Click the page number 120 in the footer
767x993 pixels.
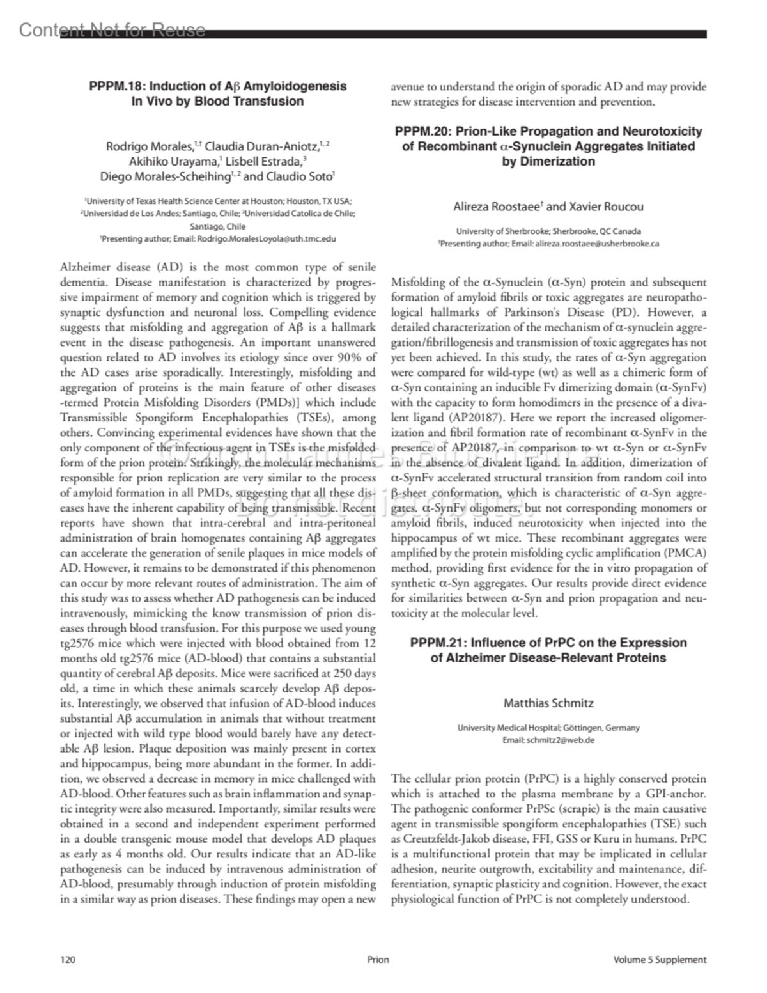pyautogui.click(x=68, y=959)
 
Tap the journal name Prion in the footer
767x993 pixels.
pyautogui.click(x=378, y=959)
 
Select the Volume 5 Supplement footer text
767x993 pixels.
pyautogui.click(x=659, y=959)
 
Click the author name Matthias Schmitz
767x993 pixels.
pyautogui.click(x=548, y=703)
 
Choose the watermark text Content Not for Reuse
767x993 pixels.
pyautogui.click(x=112, y=30)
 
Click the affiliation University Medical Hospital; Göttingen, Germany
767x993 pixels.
pyautogui.click(x=548, y=728)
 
